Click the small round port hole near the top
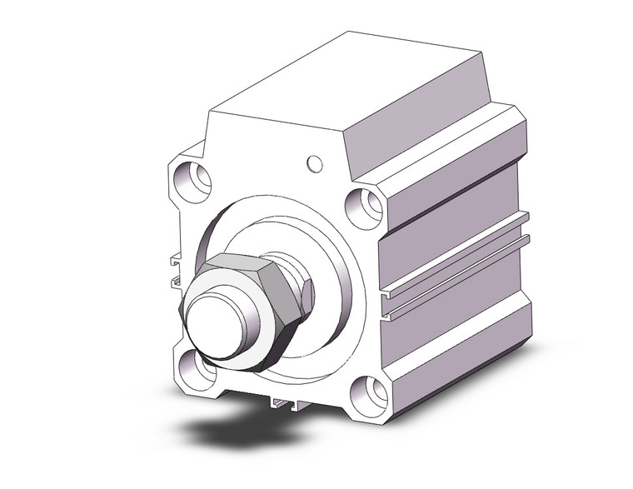point(314,162)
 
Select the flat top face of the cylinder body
point(333,92)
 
